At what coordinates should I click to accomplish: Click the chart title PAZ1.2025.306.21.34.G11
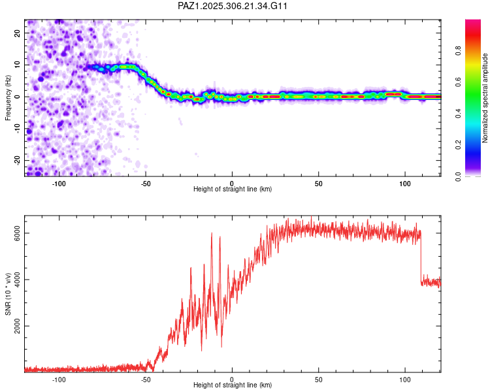[233, 6]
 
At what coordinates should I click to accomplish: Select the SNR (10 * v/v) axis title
[8, 294]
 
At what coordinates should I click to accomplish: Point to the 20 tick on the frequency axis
[18, 34]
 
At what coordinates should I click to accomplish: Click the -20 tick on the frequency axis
[18, 159]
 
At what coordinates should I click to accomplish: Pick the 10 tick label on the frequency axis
[18, 65]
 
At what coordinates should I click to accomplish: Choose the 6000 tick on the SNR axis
[18, 233]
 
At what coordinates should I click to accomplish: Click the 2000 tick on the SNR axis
[18, 327]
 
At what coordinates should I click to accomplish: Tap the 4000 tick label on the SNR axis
[18, 280]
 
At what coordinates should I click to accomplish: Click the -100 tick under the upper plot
[59, 183]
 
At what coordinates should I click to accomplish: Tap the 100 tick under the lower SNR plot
[405, 379]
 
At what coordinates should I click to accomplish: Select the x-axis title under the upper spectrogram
[233, 189]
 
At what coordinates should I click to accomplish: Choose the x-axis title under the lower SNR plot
[233, 385]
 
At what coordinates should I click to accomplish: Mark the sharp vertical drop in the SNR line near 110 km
[421, 258]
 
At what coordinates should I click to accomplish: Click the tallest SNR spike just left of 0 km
[212, 233]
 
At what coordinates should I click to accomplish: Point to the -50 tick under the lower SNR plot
[145, 379]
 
